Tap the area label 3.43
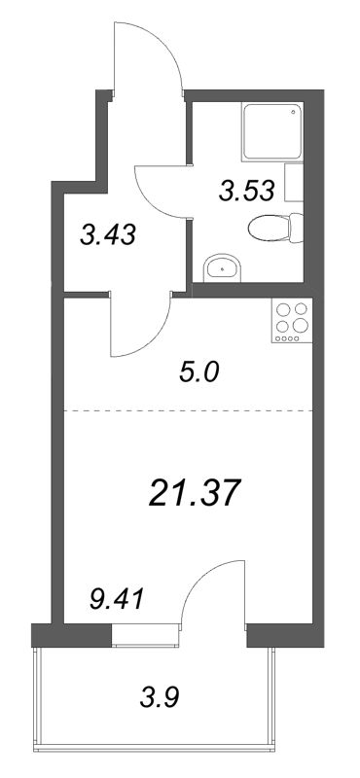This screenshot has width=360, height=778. pos(107,234)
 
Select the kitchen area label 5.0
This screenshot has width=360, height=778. pos(201,371)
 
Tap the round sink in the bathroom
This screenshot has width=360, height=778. pos(225,266)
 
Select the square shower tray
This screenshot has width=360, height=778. pos(267,136)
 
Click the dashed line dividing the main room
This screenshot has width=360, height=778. pos(185,411)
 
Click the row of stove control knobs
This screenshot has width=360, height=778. pos(288,340)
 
